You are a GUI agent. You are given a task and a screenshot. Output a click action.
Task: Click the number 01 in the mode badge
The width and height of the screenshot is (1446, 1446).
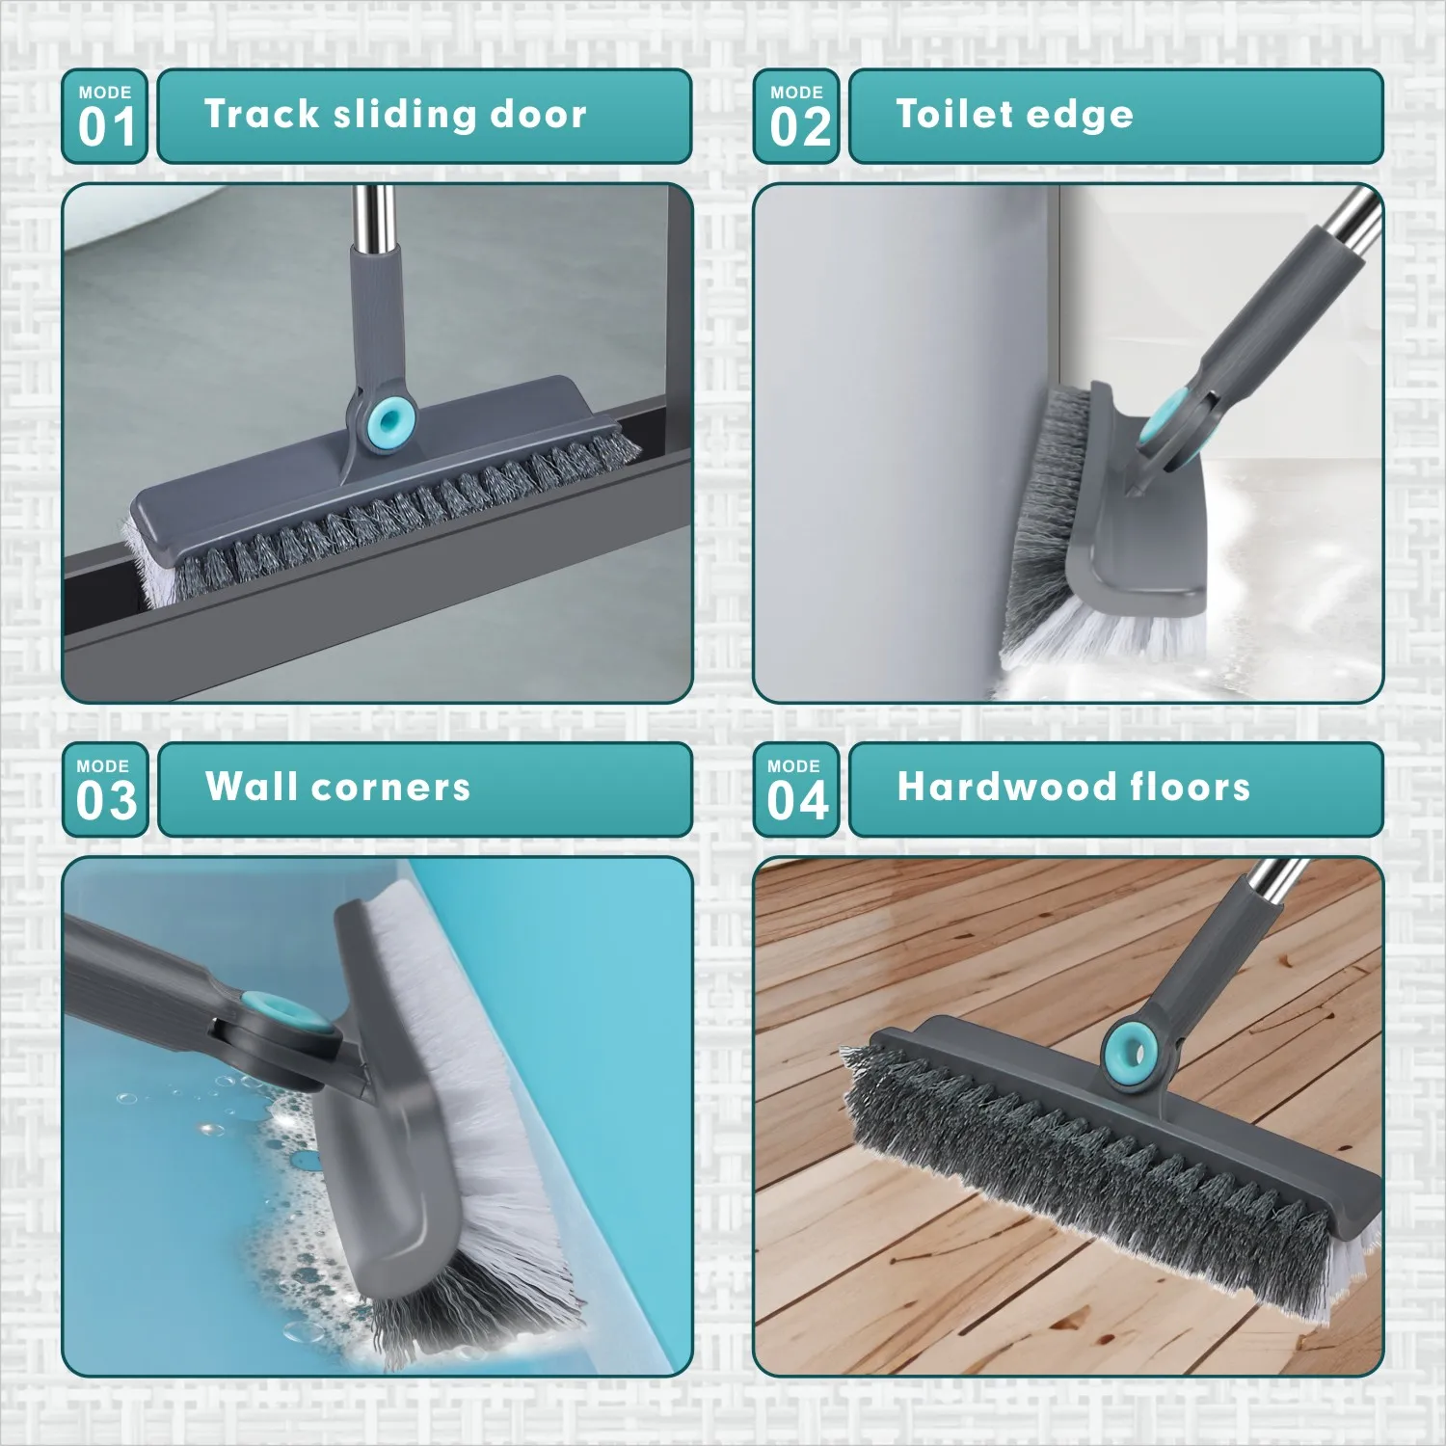[x=106, y=127]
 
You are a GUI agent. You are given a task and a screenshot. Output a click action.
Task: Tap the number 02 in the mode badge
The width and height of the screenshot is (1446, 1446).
[x=799, y=127]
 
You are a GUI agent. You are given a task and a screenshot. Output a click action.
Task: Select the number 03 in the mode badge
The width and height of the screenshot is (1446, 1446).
[x=106, y=801]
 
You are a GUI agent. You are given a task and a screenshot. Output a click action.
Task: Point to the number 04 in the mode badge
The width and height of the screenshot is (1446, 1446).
[x=797, y=801]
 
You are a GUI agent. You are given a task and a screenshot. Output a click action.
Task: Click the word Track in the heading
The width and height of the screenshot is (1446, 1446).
[x=261, y=114]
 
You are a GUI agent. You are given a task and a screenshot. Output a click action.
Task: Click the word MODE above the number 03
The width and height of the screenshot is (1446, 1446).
[x=103, y=766]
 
